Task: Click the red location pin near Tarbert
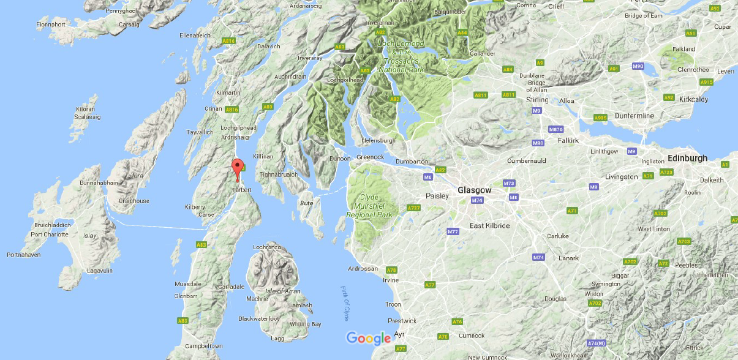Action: pos(237,168)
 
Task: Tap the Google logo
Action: pos(368,339)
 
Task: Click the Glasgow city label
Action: pos(475,190)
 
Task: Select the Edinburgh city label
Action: pos(688,158)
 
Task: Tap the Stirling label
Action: pos(538,100)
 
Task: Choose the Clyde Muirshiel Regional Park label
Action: pos(369,206)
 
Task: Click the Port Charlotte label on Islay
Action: pos(50,234)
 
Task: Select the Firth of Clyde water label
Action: pos(345,304)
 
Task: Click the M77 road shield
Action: pos(453,231)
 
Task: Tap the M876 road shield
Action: pos(556,130)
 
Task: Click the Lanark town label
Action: pos(569,258)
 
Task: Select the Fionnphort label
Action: pos(51,24)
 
